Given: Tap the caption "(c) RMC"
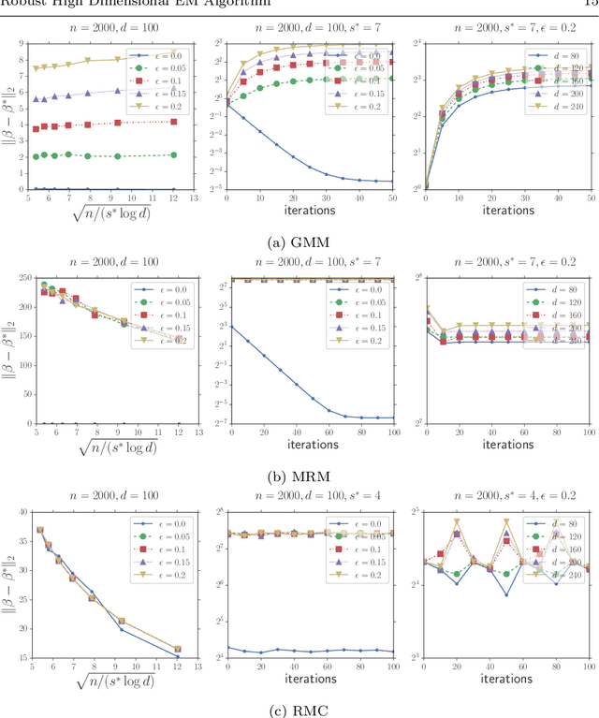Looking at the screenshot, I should (299, 710).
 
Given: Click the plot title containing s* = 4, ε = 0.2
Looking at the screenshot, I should (507, 495).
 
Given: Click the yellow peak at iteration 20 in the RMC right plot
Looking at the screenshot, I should (458, 521).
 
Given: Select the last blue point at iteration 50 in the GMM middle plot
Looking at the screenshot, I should (392, 182).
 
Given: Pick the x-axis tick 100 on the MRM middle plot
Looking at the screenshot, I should (392, 432).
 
